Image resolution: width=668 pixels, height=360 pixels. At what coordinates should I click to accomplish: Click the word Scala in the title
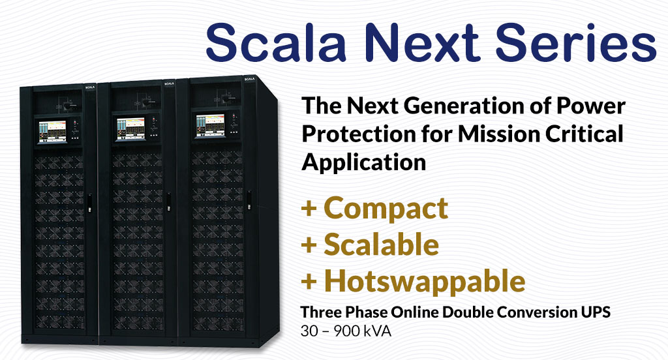(276, 41)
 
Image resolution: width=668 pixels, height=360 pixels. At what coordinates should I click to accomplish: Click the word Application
(364, 163)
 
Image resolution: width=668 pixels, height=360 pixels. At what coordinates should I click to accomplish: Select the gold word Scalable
(381, 244)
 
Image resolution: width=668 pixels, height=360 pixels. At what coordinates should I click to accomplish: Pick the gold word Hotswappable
(425, 281)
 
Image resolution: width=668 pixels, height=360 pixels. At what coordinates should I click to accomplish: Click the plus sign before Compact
(309, 209)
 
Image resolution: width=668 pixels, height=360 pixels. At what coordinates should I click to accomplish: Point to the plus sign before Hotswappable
(309, 282)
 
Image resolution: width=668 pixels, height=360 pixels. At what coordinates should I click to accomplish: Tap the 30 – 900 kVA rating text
(346, 331)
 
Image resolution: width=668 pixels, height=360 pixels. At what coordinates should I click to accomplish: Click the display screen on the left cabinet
(53, 132)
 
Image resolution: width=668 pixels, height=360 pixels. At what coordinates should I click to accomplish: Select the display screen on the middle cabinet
(130, 128)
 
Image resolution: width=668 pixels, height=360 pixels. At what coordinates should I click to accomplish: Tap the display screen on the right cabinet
(210, 126)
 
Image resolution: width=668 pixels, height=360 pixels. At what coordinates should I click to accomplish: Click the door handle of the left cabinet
(90, 203)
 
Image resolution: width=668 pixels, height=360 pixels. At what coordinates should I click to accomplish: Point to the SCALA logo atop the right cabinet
(249, 79)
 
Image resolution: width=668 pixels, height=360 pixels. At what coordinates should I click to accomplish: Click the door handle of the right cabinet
(249, 200)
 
